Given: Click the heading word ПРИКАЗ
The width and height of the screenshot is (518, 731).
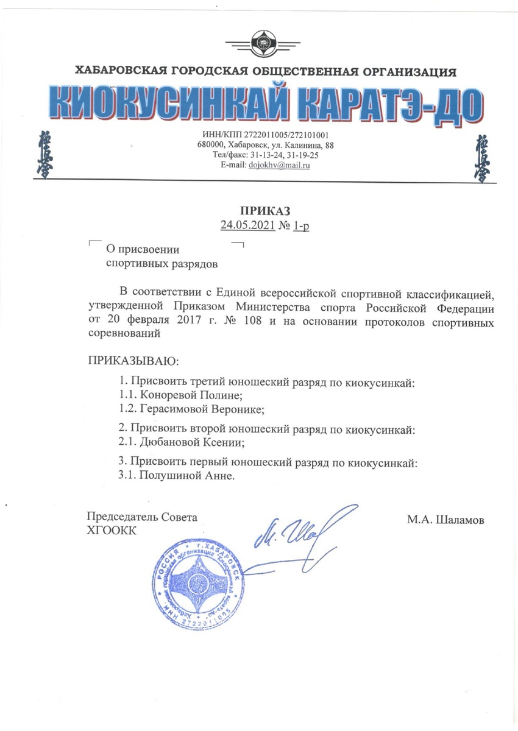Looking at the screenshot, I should [268, 212].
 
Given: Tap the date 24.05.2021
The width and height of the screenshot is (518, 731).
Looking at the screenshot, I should [247, 226].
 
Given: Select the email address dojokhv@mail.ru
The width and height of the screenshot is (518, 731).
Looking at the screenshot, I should [280, 165].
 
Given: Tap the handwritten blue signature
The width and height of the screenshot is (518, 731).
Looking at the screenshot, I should [299, 530].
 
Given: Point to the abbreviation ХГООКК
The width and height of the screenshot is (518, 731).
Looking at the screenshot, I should [113, 529].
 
